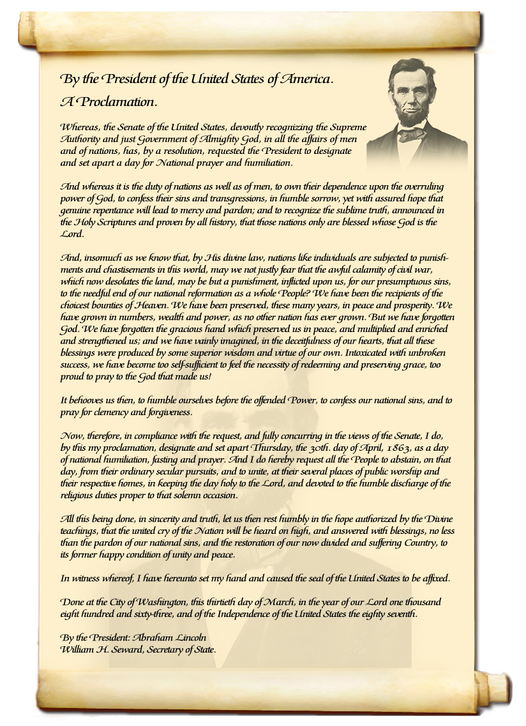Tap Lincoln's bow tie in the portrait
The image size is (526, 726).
[412, 134]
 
